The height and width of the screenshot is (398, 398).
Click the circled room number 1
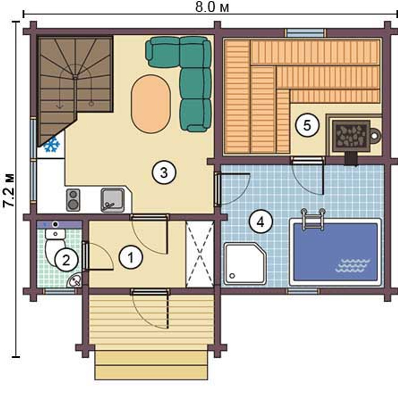(x=131, y=258)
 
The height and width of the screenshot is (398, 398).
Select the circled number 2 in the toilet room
(x=66, y=260)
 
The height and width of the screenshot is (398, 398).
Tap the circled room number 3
(x=164, y=173)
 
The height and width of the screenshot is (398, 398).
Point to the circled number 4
(x=261, y=222)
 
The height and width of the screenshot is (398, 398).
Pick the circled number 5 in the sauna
(x=307, y=125)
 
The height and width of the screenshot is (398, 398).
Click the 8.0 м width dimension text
(x=212, y=7)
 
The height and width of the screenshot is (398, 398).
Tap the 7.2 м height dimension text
(x=9, y=191)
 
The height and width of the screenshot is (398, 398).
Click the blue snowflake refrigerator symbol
(x=52, y=144)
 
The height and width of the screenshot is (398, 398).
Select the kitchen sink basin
(x=112, y=200)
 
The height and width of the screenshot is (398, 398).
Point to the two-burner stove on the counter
(x=73, y=200)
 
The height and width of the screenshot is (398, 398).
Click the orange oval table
(x=151, y=104)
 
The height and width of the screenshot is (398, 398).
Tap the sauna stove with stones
(x=351, y=136)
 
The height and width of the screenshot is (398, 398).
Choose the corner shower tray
(x=245, y=264)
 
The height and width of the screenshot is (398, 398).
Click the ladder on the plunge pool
(x=313, y=219)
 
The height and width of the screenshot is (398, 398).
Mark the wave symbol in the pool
(x=352, y=265)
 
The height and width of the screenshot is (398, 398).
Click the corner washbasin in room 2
(x=75, y=281)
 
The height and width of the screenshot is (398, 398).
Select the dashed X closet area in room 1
(x=200, y=254)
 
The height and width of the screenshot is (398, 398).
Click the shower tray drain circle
(x=232, y=275)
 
